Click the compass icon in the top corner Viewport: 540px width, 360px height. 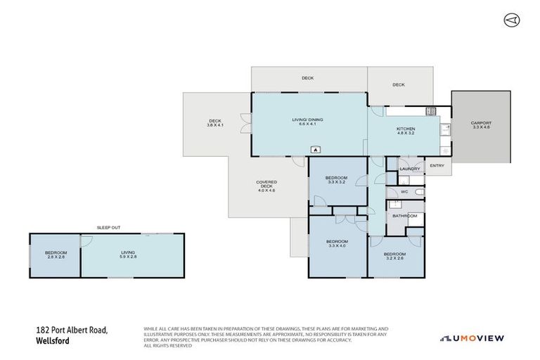click(x=510, y=20)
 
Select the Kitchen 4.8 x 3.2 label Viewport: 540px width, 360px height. click(x=406, y=131)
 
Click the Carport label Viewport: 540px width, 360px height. click(x=481, y=125)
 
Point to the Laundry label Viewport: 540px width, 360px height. click(x=409, y=169)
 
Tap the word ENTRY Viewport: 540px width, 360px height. click(x=437, y=166)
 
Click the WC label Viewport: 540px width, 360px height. click(x=404, y=191)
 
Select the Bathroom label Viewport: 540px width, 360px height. click(x=404, y=216)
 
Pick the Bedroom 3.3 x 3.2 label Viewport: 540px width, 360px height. click(x=335, y=180)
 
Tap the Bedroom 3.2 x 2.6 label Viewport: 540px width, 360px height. click(x=394, y=256)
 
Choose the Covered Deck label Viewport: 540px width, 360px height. click(x=266, y=186)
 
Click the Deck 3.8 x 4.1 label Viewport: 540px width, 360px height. click(x=215, y=122)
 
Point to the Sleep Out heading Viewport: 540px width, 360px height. click(x=108, y=227)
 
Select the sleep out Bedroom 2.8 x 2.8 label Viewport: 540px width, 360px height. click(x=56, y=255)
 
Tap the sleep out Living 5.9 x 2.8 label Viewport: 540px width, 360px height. click(x=128, y=255)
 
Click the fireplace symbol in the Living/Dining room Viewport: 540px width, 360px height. click(x=316, y=149)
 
